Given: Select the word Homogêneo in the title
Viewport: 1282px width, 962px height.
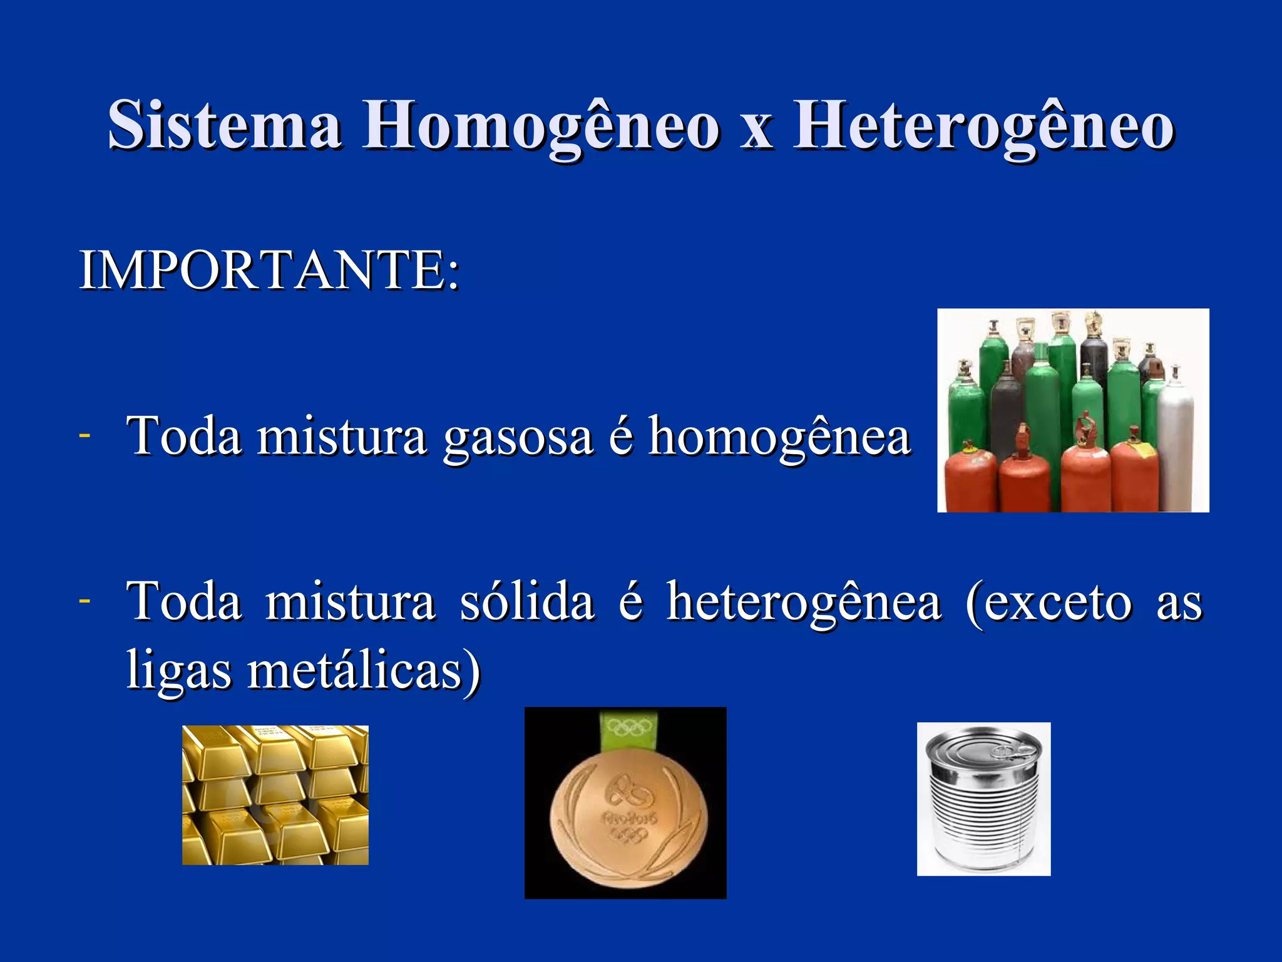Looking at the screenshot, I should [541, 125].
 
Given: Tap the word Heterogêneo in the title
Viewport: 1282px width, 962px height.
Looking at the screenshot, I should [983, 125].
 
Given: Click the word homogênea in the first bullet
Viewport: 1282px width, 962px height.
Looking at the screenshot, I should [779, 437].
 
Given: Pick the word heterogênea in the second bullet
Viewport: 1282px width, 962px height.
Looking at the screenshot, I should [804, 603].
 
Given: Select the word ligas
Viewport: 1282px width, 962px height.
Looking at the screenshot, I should [178, 670].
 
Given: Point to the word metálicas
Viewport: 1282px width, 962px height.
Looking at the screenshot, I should [357, 670].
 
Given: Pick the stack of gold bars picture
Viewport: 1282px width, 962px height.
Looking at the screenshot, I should [275, 795].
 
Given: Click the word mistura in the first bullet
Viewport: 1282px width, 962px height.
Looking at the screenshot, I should [342, 437].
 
